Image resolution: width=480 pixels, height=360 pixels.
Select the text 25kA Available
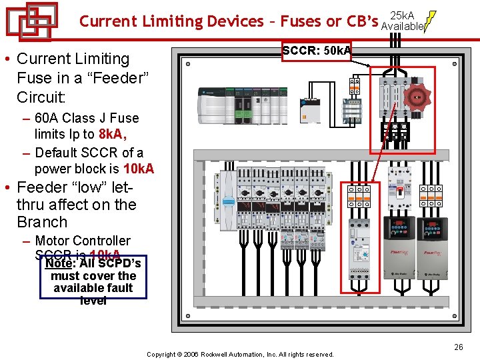click(x=402, y=21)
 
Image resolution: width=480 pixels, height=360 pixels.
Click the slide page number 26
click(x=458, y=347)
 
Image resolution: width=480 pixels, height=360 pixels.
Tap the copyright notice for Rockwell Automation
click(x=240, y=354)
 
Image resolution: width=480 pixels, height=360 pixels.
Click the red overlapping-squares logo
click(x=32, y=21)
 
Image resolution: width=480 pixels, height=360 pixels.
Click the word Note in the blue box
click(x=58, y=263)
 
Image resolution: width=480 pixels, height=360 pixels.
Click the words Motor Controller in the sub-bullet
click(x=83, y=241)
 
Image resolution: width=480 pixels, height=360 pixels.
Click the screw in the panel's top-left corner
click(x=189, y=65)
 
